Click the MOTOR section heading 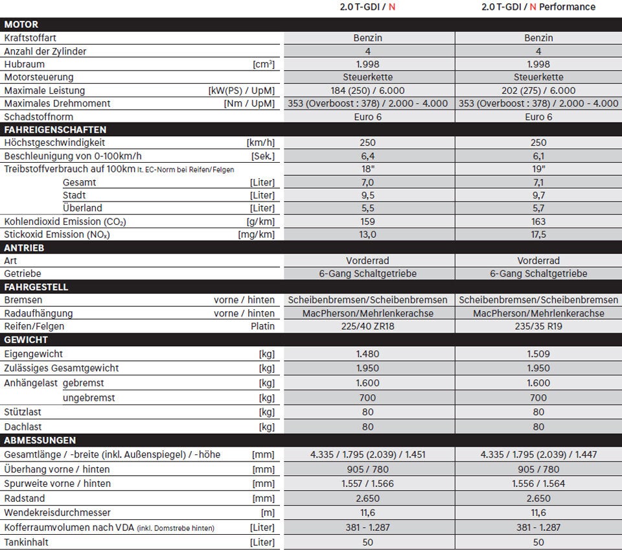click(x=21, y=25)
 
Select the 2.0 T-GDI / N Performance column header click(x=538, y=7)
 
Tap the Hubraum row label click(x=24, y=64)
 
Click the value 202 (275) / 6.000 click(x=538, y=91)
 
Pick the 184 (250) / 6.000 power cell click(x=368, y=91)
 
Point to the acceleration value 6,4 click(x=368, y=156)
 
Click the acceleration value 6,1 click(x=538, y=156)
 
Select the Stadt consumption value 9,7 click(x=538, y=195)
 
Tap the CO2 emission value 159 click(x=368, y=222)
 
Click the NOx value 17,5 click(x=538, y=235)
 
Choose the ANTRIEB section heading click(x=24, y=248)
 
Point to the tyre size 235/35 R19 click(x=538, y=326)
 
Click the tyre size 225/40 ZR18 click(x=368, y=326)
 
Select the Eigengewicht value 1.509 click(x=538, y=355)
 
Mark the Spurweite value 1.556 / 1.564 click(x=538, y=484)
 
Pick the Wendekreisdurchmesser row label click(x=57, y=513)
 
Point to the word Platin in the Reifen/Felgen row click(x=262, y=326)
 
